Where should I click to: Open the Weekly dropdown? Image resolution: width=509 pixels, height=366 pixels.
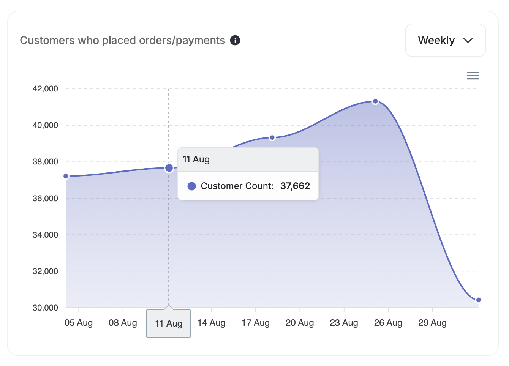445,40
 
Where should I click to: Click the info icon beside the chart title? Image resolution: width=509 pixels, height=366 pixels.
235,40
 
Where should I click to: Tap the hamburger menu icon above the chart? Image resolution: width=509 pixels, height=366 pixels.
473,76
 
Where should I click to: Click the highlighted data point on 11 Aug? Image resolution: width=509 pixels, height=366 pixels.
169,168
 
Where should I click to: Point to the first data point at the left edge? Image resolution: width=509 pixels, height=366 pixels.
66,176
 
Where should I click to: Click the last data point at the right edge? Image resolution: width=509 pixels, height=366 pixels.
478,300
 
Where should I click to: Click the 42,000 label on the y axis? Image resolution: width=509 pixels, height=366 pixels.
45,89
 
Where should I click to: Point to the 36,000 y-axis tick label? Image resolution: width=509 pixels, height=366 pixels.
45,198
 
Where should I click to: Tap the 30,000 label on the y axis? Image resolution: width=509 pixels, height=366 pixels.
45,308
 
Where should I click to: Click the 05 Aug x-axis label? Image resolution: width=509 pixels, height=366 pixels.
79,323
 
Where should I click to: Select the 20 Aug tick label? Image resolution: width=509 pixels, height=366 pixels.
300,323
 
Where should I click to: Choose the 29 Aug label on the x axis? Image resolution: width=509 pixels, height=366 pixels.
432,323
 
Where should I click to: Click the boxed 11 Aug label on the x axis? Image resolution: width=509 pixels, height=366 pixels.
169,323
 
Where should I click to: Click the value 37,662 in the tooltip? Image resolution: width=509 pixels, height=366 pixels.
295,186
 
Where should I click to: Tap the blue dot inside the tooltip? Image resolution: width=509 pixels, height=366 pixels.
192,186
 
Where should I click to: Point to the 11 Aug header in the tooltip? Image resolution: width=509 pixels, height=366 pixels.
196,159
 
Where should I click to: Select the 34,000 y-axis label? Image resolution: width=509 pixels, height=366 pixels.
45,235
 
